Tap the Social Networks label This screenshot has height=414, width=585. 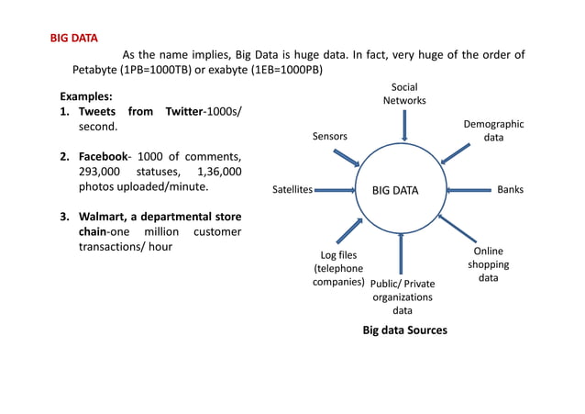(403, 94)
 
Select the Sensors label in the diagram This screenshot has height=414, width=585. (330, 137)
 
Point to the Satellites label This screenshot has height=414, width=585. (292, 191)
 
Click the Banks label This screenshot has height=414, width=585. (510, 191)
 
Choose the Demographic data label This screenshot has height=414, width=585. (493, 130)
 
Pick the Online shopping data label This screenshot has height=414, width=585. (488, 264)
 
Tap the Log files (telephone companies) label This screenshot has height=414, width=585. (338, 268)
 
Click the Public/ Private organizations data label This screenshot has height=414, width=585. (403, 297)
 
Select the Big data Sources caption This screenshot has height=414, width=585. (404, 330)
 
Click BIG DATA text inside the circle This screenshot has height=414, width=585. (394, 191)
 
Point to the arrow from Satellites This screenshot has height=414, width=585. (334, 191)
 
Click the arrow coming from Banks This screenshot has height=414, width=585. (468, 191)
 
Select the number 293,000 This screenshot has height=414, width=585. (100, 171)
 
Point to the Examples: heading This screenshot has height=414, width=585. (86, 95)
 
